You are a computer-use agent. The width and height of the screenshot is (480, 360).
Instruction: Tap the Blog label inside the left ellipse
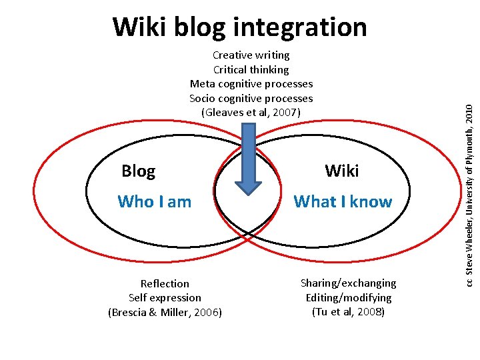coord(138,171)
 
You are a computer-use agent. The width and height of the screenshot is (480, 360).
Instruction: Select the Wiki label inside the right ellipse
coord(342,171)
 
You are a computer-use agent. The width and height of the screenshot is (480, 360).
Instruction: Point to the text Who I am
coord(154,201)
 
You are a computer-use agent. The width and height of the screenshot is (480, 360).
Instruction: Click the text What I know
coord(343,201)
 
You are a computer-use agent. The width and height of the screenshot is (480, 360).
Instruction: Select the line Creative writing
coord(251,55)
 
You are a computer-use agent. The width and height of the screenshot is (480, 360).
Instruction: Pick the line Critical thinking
coord(251,69)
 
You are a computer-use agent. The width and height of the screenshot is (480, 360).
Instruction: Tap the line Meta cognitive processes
coord(251,84)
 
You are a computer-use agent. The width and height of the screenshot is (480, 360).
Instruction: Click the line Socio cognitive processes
coord(251,99)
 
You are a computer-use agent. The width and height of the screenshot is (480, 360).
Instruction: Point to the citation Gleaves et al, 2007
coord(251,113)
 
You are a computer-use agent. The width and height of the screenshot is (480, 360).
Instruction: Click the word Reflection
coord(165,283)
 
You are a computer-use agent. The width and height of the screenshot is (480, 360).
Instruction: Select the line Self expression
coord(165,298)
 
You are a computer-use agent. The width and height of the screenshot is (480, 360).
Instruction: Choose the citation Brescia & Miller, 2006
coord(165,312)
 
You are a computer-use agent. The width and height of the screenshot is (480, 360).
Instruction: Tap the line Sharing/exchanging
coord(348,283)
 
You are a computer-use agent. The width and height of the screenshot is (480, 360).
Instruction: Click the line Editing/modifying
coord(348,297)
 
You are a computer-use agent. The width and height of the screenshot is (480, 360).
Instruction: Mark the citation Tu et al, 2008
coord(348,311)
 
